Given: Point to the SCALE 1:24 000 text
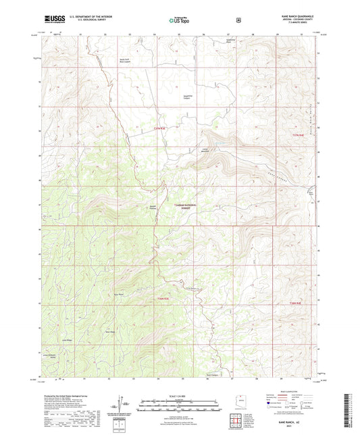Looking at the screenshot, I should [179, 394].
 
